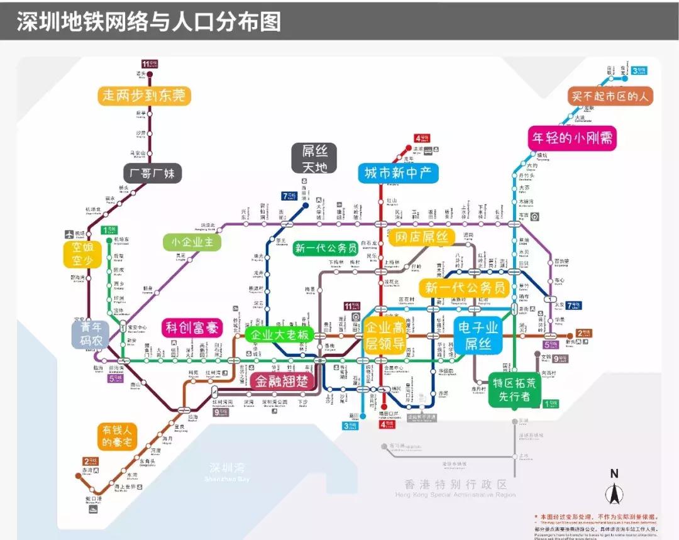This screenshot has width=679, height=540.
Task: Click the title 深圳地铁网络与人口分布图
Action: point(148,21)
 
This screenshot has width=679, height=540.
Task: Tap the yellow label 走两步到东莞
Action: point(145,96)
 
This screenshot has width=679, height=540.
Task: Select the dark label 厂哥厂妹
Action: point(152,173)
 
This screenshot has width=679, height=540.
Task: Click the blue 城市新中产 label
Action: point(399,173)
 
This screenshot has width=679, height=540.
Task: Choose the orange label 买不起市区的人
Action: point(610,96)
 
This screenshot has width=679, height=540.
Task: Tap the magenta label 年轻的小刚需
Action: point(571,138)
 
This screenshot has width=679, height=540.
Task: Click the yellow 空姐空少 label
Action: point(82,254)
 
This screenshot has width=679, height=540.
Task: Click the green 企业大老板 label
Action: point(277,334)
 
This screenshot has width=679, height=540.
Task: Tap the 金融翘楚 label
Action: point(282,380)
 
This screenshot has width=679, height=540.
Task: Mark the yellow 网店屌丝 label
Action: point(422,237)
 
